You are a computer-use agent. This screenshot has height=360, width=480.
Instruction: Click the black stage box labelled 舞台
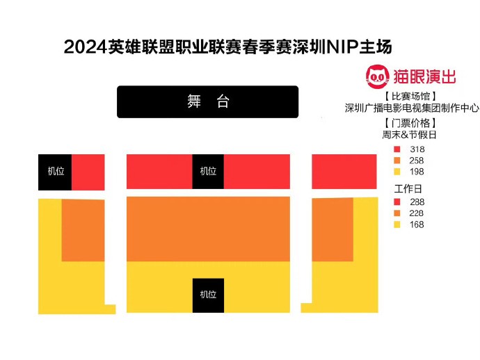(207, 101)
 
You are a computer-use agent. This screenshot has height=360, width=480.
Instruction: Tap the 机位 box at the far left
(55, 172)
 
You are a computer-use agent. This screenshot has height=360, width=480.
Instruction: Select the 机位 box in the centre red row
(208, 172)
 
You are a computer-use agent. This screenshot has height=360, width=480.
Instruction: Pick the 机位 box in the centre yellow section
(208, 295)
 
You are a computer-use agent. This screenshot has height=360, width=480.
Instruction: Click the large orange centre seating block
(208, 228)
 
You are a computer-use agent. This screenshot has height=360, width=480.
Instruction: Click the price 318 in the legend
(417, 149)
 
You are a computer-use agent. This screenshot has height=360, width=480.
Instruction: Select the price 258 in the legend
(417, 161)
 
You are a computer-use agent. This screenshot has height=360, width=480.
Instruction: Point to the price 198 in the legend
(417, 172)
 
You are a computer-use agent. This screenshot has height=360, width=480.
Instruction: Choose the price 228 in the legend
(417, 213)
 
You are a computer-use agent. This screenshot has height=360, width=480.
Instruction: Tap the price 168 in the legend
(417, 224)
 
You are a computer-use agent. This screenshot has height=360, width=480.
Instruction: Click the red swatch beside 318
(397, 149)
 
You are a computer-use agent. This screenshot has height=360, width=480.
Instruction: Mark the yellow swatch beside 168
(397, 224)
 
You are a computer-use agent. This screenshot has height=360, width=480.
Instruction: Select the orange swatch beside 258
(397, 161)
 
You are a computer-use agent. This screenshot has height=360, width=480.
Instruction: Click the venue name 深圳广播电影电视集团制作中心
(412, 108)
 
